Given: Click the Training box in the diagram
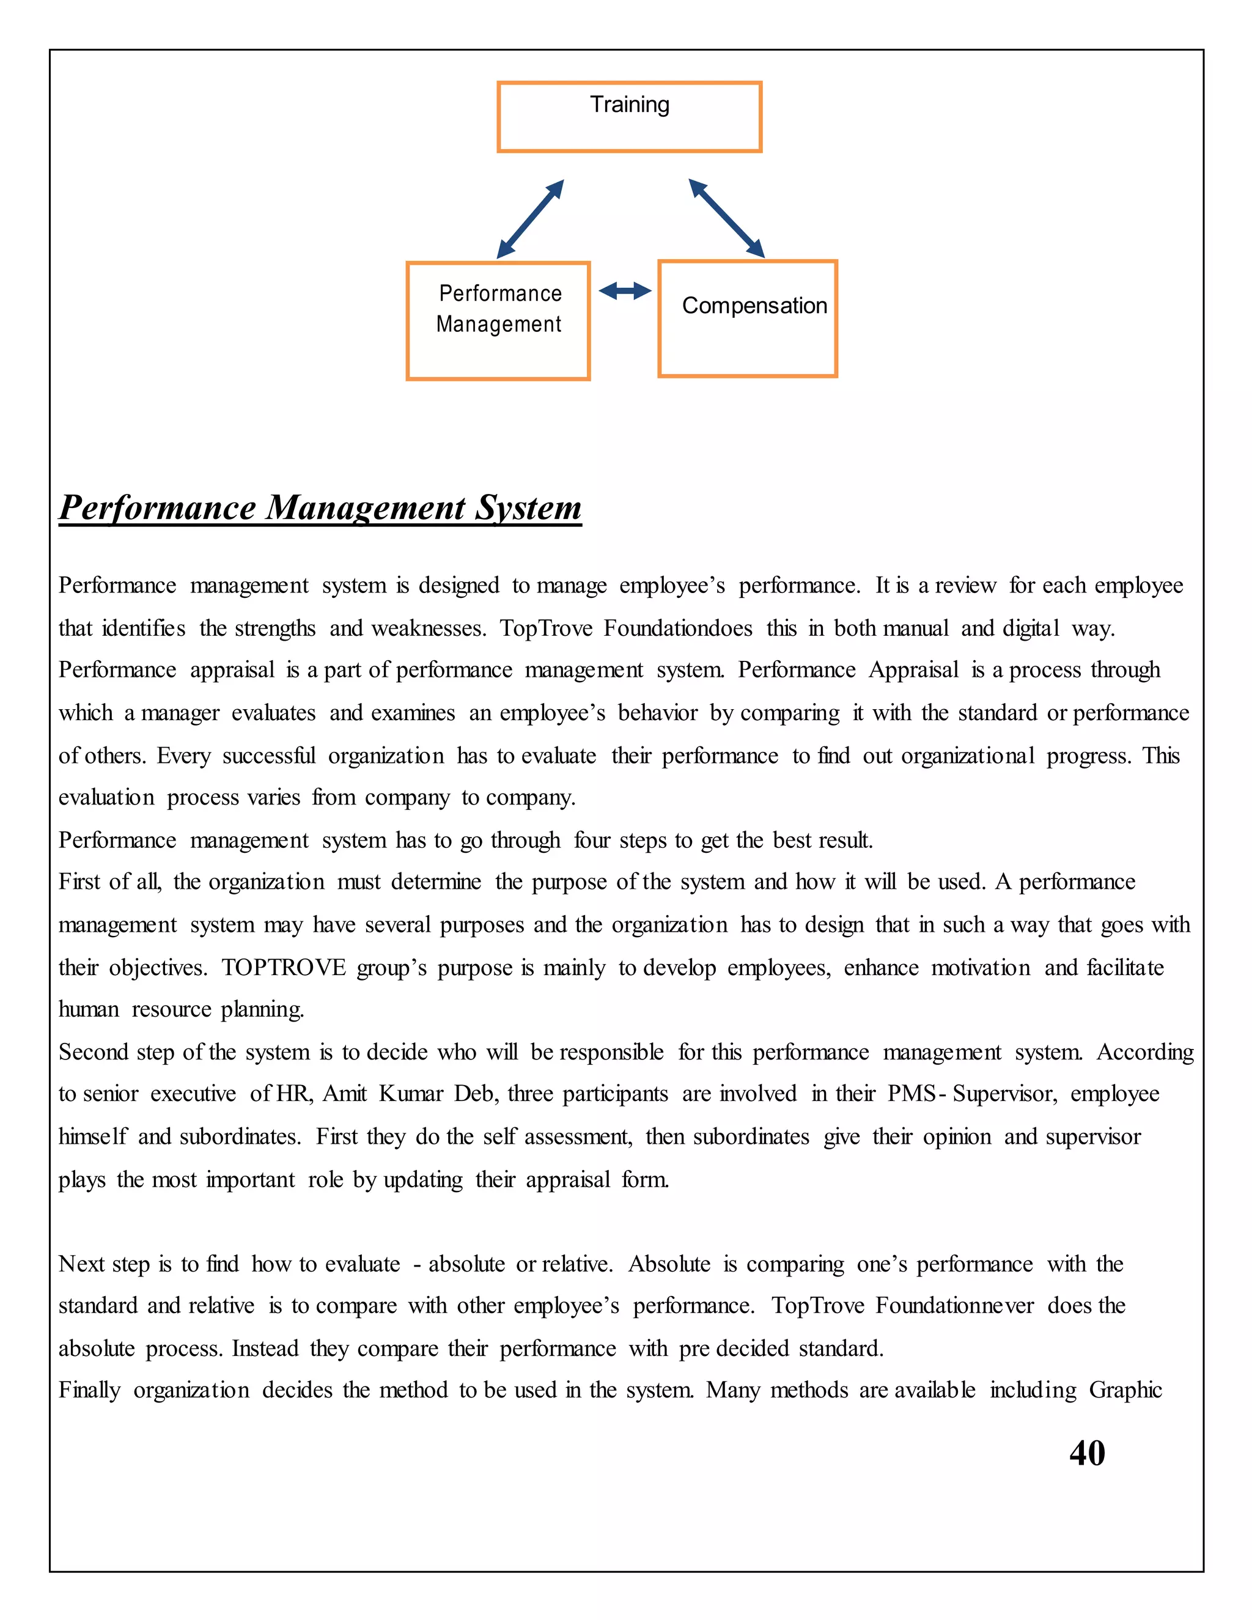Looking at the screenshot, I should click(629, 116).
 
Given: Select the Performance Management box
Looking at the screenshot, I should click(498, 320).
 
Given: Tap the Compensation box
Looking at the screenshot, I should click(747, 318).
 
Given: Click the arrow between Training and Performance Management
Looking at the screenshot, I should click(530, 219).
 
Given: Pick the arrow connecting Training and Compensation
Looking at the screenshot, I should click(726, 218).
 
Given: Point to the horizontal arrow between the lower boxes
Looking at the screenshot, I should click(625, 291).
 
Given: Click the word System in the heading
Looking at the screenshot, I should click(528, 508).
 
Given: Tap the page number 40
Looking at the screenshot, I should click(1086, 1453).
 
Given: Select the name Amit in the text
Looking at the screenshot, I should click(344, 1094).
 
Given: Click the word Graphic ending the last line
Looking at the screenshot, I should click(1125, 1390).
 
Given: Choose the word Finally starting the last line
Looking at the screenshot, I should click(89, 1390).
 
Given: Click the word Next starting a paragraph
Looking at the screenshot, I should click(77, 1263).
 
